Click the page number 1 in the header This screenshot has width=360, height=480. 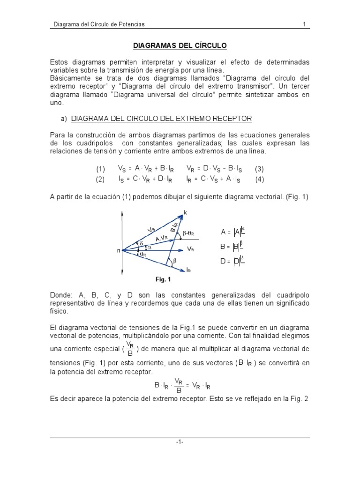pyautogui.click(x=304, y=24)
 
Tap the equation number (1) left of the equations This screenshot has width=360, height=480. pyautogui.click(x=101, y=169)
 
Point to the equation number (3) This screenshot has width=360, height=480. pyautogui.click(x=260, y=169)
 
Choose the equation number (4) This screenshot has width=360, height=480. pyautogui.click(x=260, y=179)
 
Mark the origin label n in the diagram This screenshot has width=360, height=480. pyautogui.click(x=118, y=251)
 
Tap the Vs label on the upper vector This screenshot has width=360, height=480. pyautogui.click(x=151, y=230)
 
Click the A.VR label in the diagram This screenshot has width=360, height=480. pyautogui.click(x=161, y=238)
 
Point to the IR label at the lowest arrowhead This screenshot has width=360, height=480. pyautogui.click(x=188, y=270)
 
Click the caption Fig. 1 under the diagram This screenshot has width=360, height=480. pyautogui.click(x=163, y=280)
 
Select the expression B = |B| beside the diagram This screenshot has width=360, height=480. pyautogui.click(x=232, y=246)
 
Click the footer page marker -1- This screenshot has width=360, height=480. pyautogui.click(x=180, y=442)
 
